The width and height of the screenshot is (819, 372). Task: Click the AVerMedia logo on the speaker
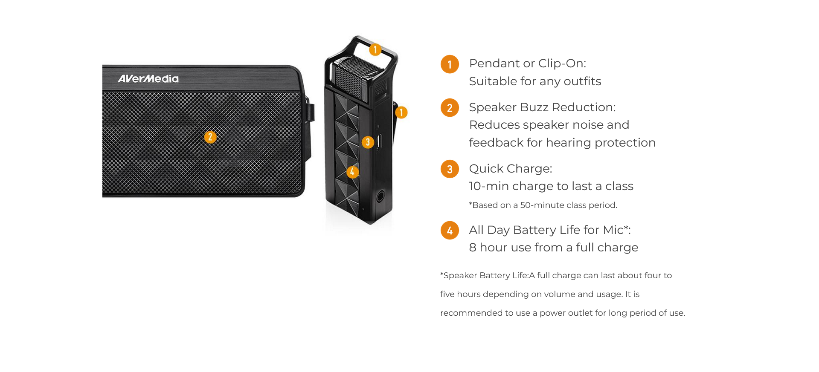click(x=148, y=79)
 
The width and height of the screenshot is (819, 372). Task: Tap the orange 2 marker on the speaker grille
click(x=210, y=137)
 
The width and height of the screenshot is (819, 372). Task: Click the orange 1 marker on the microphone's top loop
click(x=375, y=49)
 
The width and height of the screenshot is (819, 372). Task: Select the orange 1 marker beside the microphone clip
click(x=401, y=112)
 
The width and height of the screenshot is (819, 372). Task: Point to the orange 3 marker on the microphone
click(x=368, y=142)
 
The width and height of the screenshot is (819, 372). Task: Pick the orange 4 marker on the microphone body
click(x=352, y=172)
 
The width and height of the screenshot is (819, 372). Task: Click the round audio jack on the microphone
click(x=380, y=196)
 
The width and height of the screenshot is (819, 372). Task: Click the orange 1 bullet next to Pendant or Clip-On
click(x=450, y=64)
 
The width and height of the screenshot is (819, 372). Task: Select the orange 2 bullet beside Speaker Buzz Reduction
click(x=450, y=108)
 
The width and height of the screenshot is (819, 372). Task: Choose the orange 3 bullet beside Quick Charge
click(x=450, y=169)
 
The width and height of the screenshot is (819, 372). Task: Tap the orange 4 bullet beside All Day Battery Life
click(x=450, y=231)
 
